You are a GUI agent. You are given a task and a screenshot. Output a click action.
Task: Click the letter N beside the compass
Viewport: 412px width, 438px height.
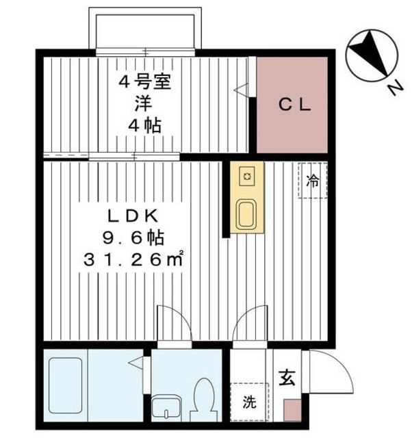(394, 88)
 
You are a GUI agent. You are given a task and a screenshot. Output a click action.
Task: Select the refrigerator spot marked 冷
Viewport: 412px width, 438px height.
(313, 181)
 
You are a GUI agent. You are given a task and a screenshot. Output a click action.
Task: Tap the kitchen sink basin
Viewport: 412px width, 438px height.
(246, 214)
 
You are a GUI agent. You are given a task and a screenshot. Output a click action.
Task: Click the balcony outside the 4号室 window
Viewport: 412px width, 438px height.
(147, 30)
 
